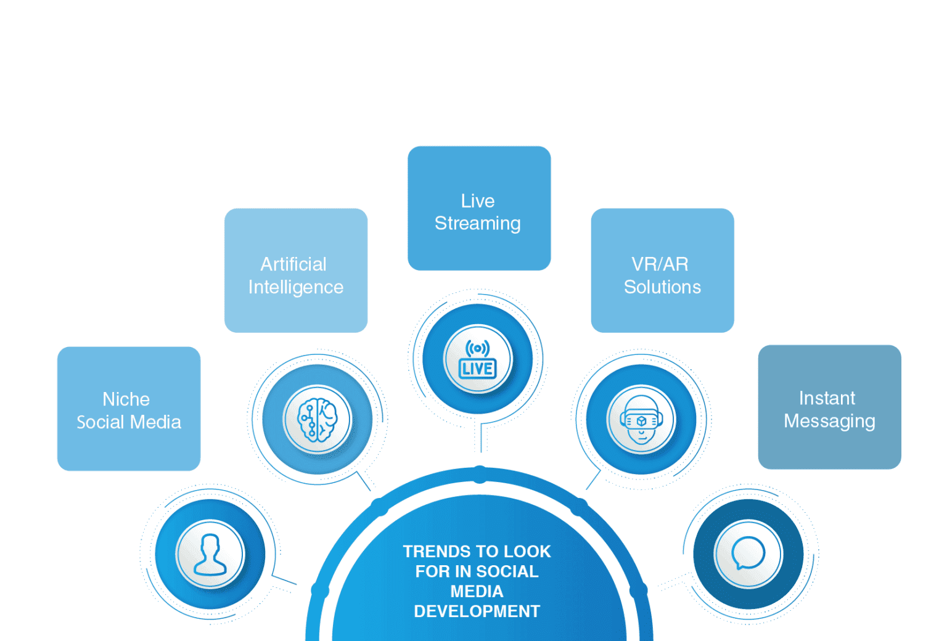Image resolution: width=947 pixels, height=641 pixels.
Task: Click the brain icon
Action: (x=318, y=419)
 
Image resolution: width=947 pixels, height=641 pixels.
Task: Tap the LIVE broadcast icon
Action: (x=478, y=359)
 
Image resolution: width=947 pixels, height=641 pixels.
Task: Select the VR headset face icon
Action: (x=641, y=419)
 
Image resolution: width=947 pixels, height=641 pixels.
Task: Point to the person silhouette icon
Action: (x=210, y=554)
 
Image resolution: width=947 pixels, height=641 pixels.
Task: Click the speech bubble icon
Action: (x=748, y=553)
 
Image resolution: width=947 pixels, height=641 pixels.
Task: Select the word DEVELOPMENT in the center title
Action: (x=477, y=611)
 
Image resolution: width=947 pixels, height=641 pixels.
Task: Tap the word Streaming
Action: (x=478, y=224)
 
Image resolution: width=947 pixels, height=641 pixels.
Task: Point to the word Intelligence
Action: (x=296, y=288)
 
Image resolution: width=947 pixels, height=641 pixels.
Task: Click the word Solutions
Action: (x=662, y=287)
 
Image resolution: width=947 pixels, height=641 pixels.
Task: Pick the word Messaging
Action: (x=829, y=421)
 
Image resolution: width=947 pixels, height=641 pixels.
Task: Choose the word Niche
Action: (x=126, y=399)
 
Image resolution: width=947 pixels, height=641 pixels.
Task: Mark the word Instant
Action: (x=827, y=398)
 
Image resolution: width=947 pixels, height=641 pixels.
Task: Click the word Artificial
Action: (x=293, y=264)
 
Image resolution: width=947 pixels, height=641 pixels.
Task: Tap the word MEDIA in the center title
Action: (x=477, y=592)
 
